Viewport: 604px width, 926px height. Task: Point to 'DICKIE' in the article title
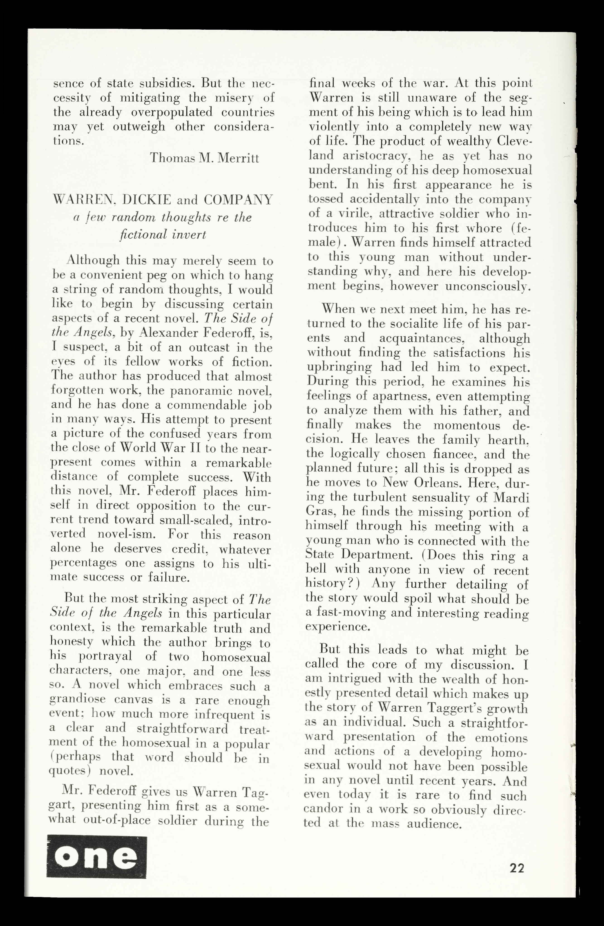click(146, 200)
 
